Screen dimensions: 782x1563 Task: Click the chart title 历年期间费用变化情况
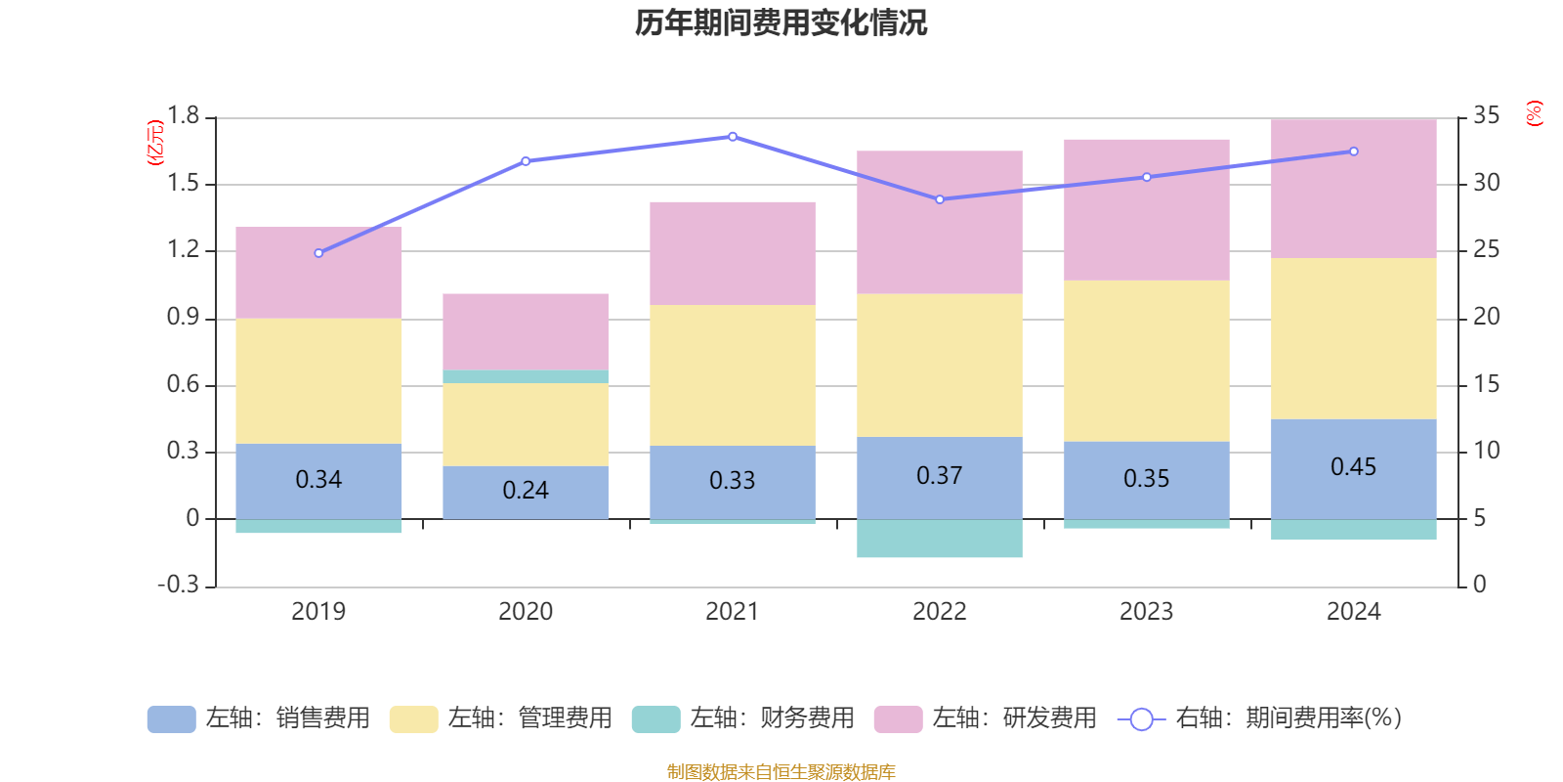(x=781, y=22)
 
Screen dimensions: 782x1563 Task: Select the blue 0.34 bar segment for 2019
(x=318, y=480)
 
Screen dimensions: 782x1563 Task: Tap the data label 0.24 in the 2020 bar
(x=526, y=490)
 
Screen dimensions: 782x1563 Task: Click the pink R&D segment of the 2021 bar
(x=733, y=253)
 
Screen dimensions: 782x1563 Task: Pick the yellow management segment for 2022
(x=940, y=366)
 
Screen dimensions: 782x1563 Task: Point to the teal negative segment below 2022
(x=940, y=539)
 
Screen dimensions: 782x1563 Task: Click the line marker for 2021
(x=733, y=137)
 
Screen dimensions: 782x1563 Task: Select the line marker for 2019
(x=318, y=253)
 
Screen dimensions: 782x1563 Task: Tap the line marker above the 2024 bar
(x=1354, y=152)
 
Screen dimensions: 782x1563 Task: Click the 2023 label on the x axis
(x=1146, y=612)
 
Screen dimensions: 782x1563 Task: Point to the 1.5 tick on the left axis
(x=183, y=183)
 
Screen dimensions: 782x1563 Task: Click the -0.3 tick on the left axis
(x=178, y=585)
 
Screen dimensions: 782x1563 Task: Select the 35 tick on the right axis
(x=1487, y=115)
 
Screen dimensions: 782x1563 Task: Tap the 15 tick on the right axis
(x=1487, y=384)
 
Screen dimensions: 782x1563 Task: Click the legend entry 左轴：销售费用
(x=259, y=718)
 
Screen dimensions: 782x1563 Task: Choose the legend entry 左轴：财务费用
(x=743, y=718)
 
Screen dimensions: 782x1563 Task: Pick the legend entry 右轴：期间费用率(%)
(x=1260, y=718)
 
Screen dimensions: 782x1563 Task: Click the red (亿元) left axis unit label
(x=155, y=143)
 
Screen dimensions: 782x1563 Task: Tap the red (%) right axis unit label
(x=1535, y=113)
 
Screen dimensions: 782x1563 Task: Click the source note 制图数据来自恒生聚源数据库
(x=781, y=772)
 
